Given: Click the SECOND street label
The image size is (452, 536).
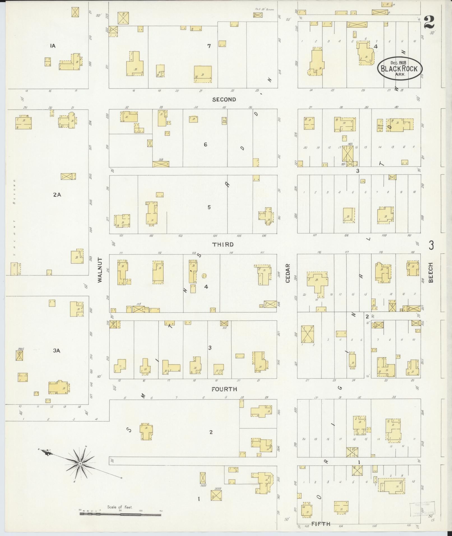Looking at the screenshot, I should pyautogui.click(x=224, y=99).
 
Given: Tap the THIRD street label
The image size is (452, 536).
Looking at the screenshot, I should pyautogui.click(x=223, y=244).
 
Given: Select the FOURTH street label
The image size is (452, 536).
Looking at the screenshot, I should pyautogui.click(x=224, y=389).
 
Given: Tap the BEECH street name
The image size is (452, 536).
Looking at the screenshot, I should pyautogui.click(x=431, y=272).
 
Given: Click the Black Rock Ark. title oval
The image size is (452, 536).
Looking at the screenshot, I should pyautogui.click(x=399, y=68).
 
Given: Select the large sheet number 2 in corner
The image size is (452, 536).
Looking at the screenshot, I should pyautogui.click(x=429, y=22).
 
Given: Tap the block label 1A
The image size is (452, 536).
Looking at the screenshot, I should pyautogui.click(x=52, y=46).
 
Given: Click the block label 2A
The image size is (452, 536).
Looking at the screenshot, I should pyautogui.click(x=57, y=195).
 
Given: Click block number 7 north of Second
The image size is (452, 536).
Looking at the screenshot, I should pyautogui.click(x=209, y=46).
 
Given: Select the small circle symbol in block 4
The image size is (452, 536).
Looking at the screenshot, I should pyautogui.click(x=204, y=276).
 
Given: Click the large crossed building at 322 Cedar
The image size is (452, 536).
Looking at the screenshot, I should pyautogui.click(x=307, y=334).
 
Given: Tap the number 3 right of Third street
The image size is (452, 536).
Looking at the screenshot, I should pyautogui.click(x=431, y=245).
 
